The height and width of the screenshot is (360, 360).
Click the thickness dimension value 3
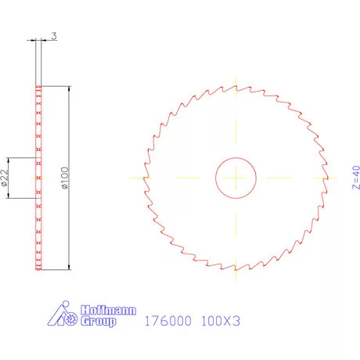[x=53, y=35]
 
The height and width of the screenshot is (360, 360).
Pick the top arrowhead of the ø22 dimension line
[x=10, y=159]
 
